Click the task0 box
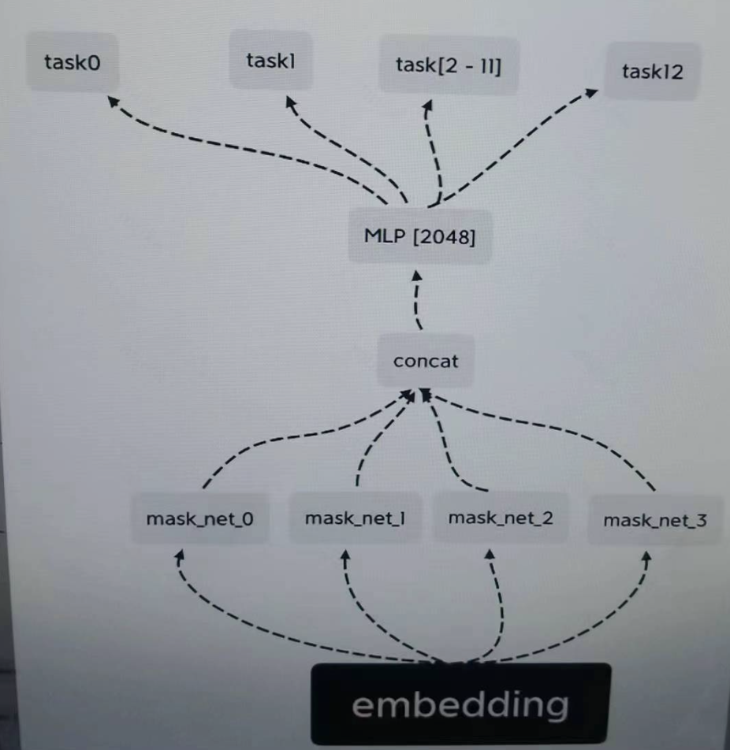73,62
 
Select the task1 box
270,61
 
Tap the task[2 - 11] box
448,65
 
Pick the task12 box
652,72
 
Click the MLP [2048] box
419,236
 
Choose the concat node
426,362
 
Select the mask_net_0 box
199,519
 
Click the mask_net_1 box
355,518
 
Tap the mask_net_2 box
501,518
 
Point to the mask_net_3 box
655,520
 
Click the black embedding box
460,704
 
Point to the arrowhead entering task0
114,101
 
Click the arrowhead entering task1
290,103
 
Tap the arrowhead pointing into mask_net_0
180,556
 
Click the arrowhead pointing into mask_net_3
646,558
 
